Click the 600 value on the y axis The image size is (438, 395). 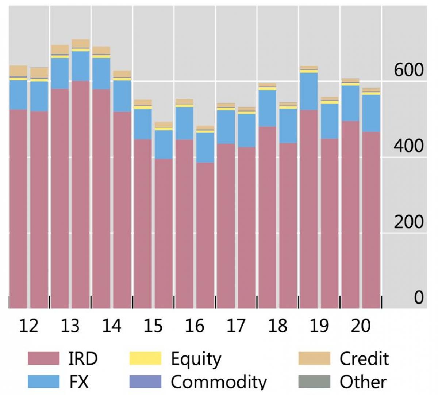409,70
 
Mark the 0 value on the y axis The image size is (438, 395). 419,298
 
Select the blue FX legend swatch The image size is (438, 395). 43,381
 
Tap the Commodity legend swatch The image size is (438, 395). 145,381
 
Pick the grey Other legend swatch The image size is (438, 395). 314,381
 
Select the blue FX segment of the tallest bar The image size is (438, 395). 81,66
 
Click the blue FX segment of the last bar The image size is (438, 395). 371,113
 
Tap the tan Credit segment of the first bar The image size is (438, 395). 18,71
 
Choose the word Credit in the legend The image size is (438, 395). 364,359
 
